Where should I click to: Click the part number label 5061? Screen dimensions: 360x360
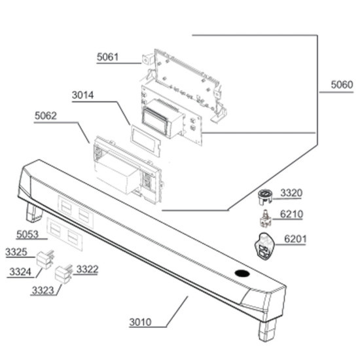click(107, 57)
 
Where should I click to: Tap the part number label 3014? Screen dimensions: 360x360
click(83, 95)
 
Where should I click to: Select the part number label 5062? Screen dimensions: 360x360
click(46, 116)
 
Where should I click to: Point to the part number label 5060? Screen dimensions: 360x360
click(342, 84)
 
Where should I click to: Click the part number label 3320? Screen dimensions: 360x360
click(291, 193)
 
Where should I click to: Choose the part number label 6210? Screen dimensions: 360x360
click(291, 214)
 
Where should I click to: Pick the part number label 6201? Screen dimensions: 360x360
click(295, 239)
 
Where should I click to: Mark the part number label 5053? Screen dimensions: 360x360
click(27, 234)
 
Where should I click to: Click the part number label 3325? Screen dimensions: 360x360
click(16, 252)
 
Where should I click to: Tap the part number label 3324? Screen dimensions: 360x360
click(20, 272)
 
